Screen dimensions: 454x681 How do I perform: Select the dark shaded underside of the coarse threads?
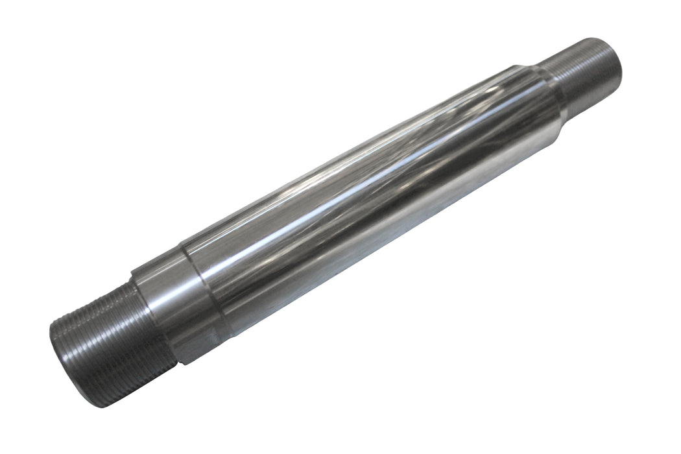123,383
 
